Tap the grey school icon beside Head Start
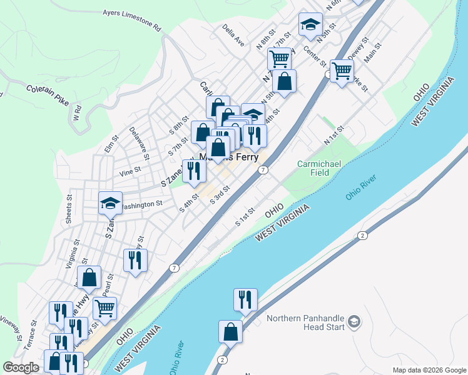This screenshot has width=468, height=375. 354,322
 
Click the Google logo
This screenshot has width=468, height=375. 21,367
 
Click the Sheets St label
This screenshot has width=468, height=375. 69,208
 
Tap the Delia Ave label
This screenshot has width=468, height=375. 233,37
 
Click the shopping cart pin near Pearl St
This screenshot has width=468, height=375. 104,307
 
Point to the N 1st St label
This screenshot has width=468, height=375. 335,137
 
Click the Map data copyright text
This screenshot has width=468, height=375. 429,370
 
